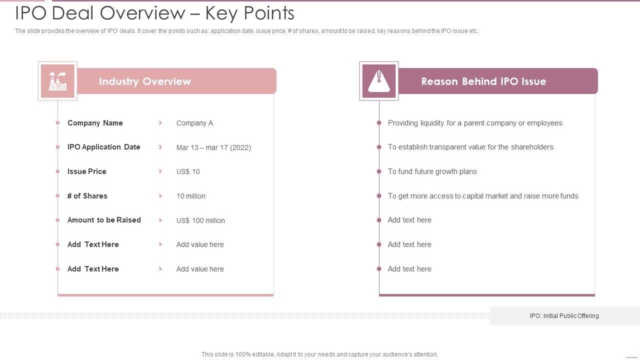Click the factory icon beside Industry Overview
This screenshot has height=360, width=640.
click(57, 81)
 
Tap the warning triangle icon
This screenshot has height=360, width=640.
click(379, 81)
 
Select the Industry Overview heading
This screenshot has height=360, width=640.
click(145, 81)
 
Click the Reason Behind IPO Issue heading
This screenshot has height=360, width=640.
click(483, 81)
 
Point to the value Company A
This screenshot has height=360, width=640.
click(194, 123)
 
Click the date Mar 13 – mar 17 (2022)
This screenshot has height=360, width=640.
click(213, 147)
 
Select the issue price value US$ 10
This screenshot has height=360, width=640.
click(188, 171)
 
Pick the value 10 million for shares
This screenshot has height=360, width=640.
click(191, 196)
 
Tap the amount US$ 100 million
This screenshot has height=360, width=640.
click(200, 220)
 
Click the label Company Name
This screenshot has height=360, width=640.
click(95, 123)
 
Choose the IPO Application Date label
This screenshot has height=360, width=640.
click(104, 147)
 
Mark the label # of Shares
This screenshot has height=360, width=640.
click(87, 196)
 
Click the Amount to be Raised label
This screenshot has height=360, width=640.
click(104, 220)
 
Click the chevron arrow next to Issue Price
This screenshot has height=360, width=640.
click(160, 171)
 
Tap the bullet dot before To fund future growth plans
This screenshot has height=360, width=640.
click(379, 171)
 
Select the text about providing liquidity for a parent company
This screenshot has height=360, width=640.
click(475, 123)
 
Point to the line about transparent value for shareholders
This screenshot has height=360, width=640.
click(470, 147)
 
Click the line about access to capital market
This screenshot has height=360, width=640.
click(483, 196)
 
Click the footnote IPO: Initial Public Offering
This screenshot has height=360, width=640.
click(564, 316)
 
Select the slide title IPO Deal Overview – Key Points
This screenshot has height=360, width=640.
click(154, 13)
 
